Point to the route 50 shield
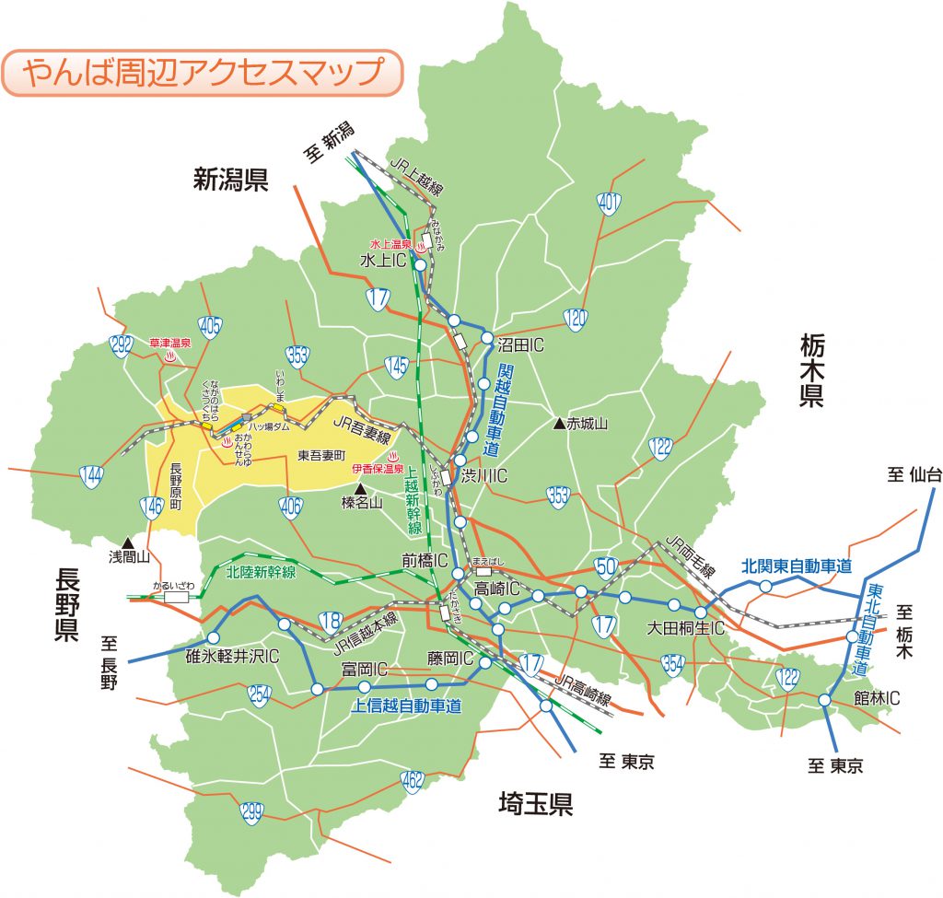point(605,566)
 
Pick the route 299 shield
point(251,813)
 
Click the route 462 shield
point(412,783)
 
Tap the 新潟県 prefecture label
point(230,180)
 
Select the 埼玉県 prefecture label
point(535,804)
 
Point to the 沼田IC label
point(522,346)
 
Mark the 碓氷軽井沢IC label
point(232,656)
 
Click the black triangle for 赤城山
point(558,424)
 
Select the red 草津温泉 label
point(169,343)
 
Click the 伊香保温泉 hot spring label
point(378,469)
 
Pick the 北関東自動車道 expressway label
point(797,566)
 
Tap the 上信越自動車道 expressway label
point(406,706)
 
